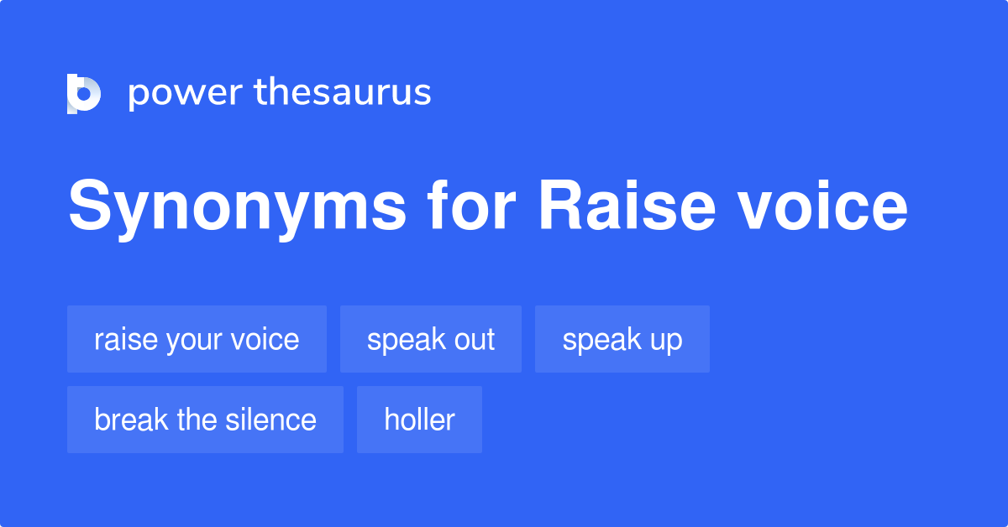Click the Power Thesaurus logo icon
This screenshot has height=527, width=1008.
pyautogui.click(x=84, y=93)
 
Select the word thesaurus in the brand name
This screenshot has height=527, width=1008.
pyautogui.click(x=343, y=93)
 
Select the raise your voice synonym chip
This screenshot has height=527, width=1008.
pyautogui.click(x=197, y=339)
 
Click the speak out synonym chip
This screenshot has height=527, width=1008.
pyautogui.click(x=430, y=339)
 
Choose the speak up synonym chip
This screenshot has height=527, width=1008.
pyautogui.click(x=622, y=339)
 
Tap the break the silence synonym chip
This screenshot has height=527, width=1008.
pyautogui.click(x=205, y=420)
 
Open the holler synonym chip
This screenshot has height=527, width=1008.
pyautogui.click(x=419, y=420)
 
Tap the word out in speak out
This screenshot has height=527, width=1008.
pyautogui.click(x=475, y=339)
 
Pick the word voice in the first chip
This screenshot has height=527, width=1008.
pyautogui.click(x=266, y=339)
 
